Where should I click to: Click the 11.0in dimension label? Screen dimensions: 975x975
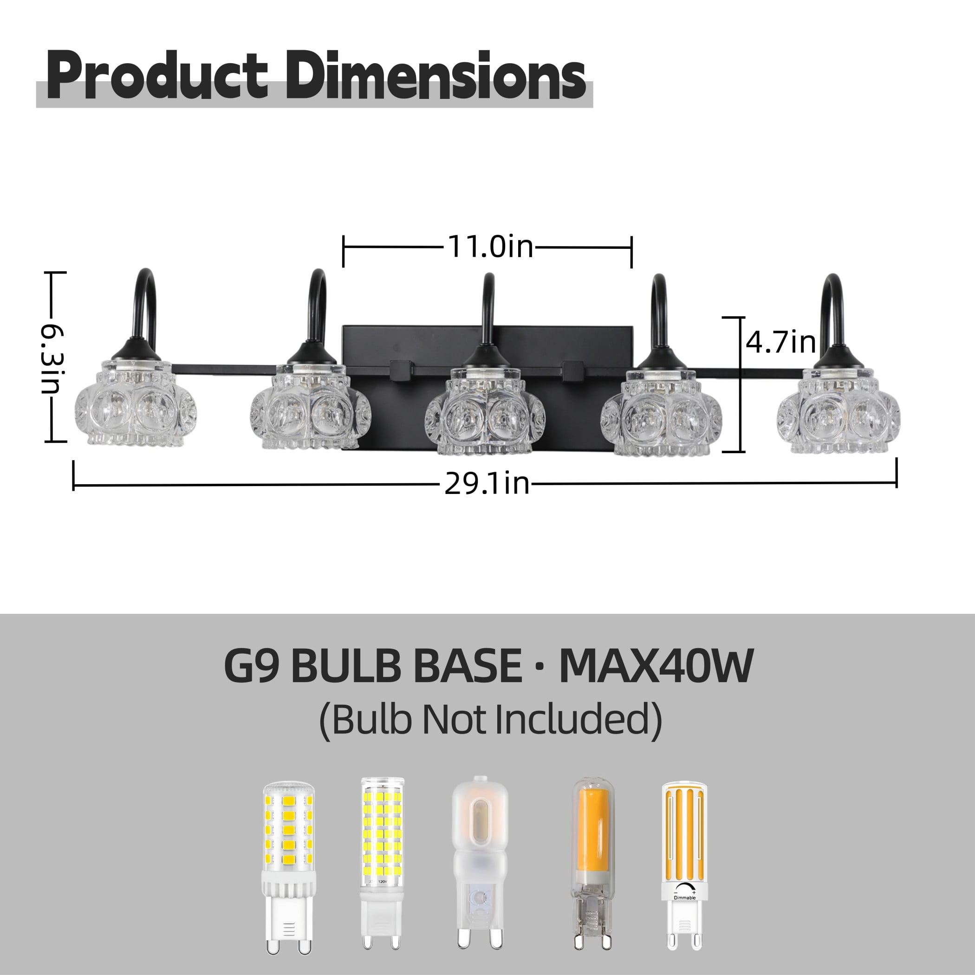490,247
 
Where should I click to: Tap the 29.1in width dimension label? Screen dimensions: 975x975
487,483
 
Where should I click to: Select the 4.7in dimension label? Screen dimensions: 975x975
781,342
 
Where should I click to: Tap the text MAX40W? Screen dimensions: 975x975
656,666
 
